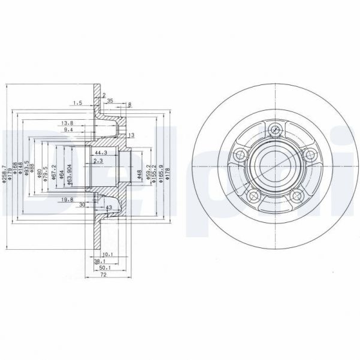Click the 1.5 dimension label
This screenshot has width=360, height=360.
[77, 102]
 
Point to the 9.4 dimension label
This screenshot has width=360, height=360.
[68, 129]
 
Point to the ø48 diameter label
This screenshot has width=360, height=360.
[139, 174]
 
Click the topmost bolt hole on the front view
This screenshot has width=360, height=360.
[275, 129]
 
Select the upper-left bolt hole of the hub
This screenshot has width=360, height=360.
[241, 155]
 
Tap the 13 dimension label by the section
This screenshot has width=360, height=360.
[131, 135]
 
